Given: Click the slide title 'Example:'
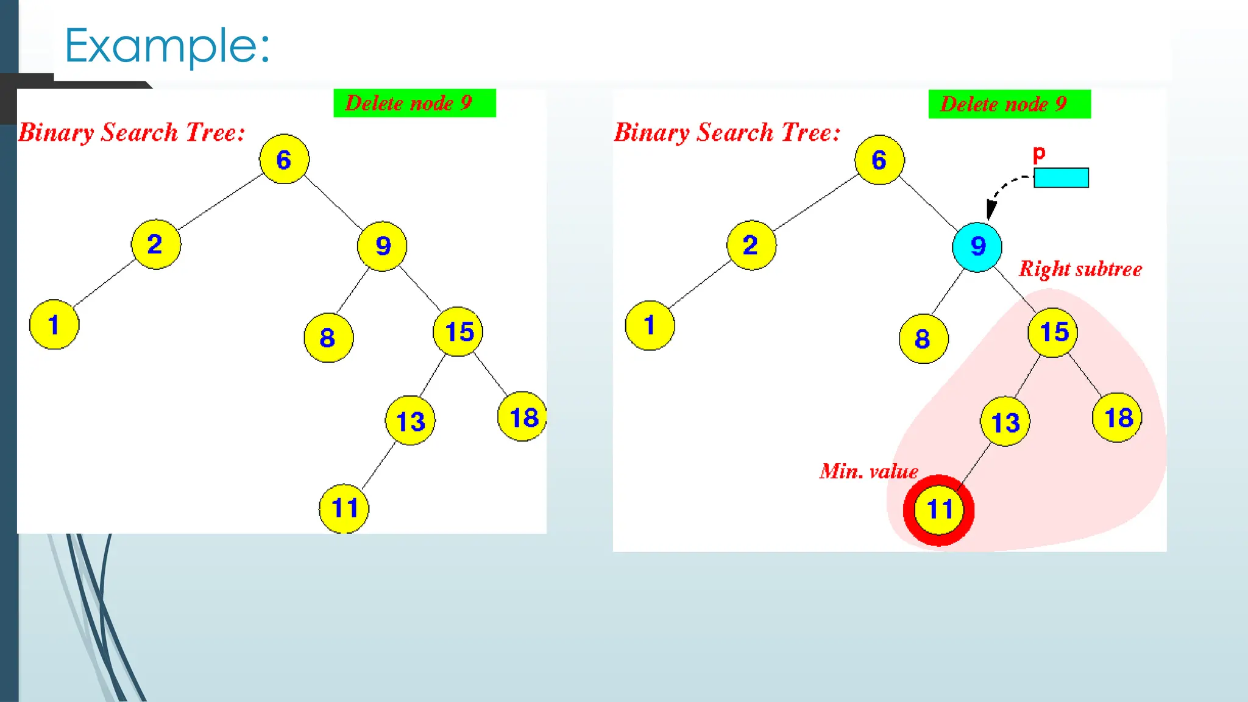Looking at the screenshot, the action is [167, 46].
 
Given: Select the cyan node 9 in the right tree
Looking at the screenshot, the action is [977, 247].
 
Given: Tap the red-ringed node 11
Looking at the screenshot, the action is [938, 510].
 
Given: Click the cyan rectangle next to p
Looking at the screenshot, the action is [1061, 178].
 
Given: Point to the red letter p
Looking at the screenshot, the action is [1039, 154].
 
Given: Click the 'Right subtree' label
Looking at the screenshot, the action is [1080, 269].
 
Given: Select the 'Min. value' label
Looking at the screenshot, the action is [868, 472].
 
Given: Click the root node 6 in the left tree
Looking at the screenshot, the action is [284, 159].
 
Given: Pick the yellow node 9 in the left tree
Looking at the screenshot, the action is [382, 246].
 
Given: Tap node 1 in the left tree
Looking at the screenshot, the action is [54, 324].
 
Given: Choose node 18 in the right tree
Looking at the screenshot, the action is [1118, 418].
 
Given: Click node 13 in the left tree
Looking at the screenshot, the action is [410, 421].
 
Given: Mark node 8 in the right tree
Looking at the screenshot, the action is [923, 339].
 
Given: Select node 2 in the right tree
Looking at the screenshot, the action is [751, 245].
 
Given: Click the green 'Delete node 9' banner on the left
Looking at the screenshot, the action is [414, 103].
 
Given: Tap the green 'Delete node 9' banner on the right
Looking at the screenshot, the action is [1009, 104].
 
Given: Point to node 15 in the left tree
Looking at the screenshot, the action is [458, 332].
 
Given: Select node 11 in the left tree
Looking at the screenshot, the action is [344, 509].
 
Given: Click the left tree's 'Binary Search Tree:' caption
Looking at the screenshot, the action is [132, 133].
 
